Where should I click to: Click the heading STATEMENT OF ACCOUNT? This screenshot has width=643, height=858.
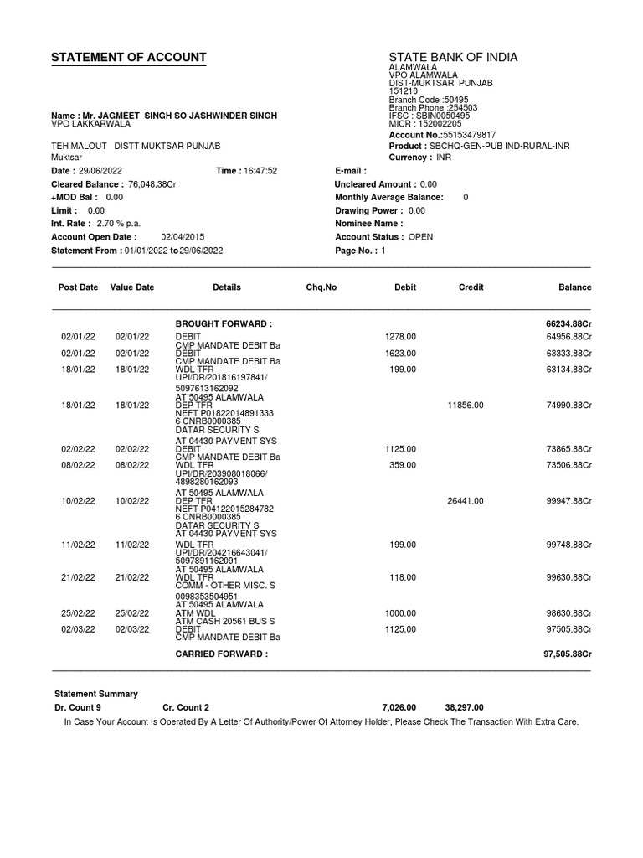128,58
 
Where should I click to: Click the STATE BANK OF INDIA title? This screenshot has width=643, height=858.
453,58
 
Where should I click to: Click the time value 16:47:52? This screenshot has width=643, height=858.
260,171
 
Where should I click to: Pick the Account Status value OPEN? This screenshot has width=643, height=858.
420,237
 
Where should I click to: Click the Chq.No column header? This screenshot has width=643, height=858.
321,287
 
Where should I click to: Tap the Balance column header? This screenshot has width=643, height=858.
574,287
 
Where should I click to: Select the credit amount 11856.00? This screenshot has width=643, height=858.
466,405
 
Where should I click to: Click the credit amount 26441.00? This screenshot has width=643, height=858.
466,501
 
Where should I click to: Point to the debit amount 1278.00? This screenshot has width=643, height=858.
400,337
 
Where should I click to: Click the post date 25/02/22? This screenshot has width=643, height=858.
78,613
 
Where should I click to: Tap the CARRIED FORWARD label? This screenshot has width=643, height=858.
221,654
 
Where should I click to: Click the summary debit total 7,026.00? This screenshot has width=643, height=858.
399,707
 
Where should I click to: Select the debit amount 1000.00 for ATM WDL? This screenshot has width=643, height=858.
400,613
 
